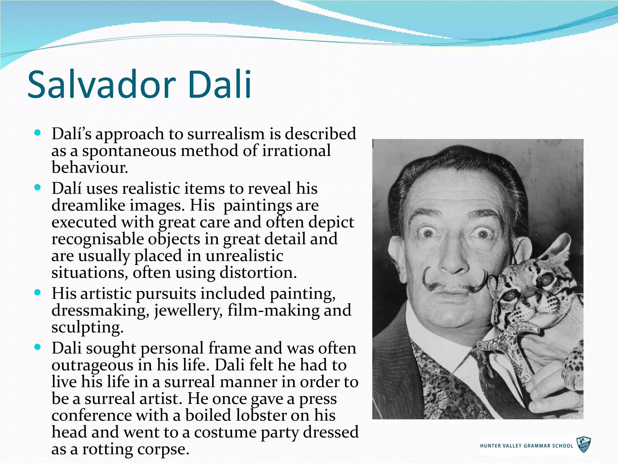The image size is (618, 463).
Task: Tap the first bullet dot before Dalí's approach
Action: coord(37,133)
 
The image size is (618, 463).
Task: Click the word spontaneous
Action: coord(129,151)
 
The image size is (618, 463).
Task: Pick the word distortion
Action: coord(256,273)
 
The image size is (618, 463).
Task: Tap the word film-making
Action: coord(273,310)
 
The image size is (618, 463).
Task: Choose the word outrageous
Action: coord(92,365)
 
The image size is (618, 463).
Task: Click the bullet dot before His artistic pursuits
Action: coord(37,293)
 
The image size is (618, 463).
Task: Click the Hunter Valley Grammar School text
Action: coord(526,446)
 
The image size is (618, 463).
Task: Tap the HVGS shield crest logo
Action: coord(584,445)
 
